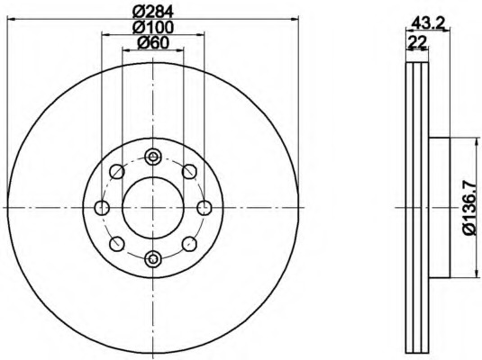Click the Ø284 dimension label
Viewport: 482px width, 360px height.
153,12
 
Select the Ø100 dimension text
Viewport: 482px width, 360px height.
153,27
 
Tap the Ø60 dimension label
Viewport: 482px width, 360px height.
153,42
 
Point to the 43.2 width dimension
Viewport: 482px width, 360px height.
429,23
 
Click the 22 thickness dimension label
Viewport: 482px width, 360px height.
417,41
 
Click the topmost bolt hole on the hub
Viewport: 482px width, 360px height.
153,157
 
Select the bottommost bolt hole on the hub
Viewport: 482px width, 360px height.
153,259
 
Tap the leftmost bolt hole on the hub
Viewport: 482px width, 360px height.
102,208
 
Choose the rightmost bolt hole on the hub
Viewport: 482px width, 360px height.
205,208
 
